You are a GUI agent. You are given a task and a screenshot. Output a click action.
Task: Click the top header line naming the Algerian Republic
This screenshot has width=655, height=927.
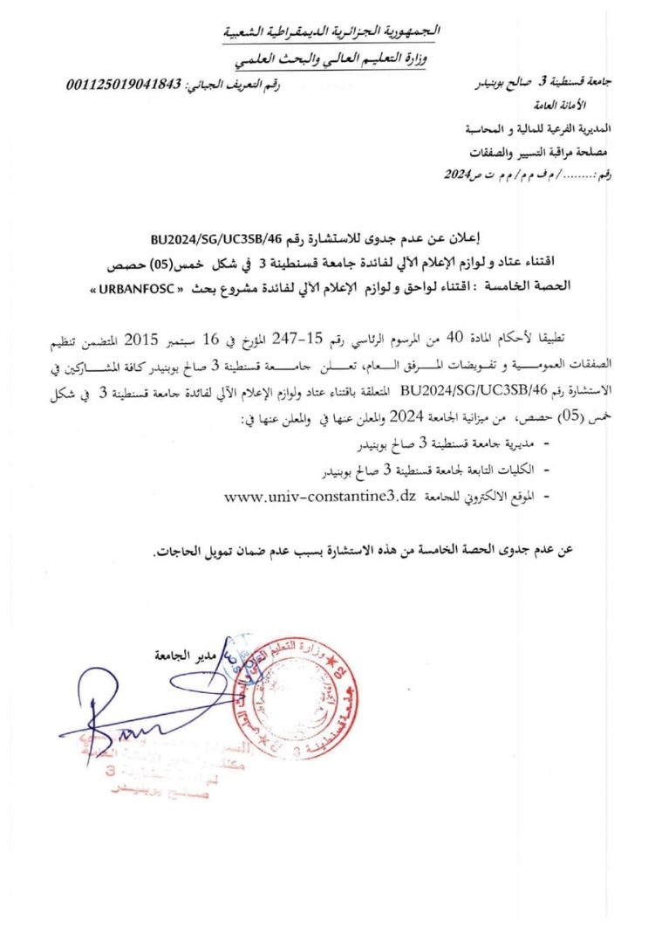pyautogui.click(x=332, y=31)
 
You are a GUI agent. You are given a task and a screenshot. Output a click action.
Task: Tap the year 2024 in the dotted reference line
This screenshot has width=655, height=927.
pyautogui.click(x=454, y=175)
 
